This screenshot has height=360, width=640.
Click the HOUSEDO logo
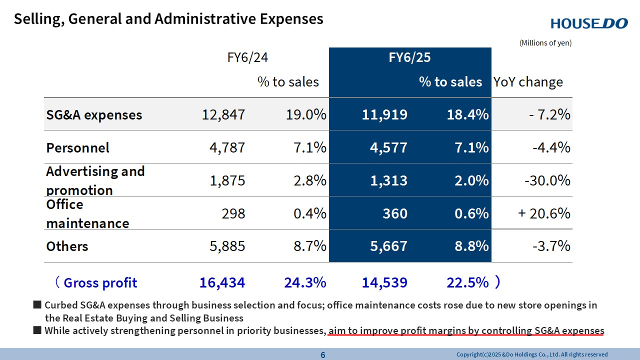coord(589,23)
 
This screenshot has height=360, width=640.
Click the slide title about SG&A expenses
coord(168,19)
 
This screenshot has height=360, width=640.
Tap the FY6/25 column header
coord(409,57)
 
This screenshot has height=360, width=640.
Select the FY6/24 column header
coord(247,57)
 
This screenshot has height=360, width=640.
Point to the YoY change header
coord(528,82)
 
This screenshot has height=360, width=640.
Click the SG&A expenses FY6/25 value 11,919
coord(384,115)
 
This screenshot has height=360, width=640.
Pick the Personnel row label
coord(77,148)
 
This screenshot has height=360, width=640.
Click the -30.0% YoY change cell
coord(547,181)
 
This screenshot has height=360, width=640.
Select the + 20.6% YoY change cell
coord(544,214)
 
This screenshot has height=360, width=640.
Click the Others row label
coord(67,246)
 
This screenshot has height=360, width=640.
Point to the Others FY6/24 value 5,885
coord(223,246)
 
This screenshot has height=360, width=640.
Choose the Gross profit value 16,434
coord(222,283)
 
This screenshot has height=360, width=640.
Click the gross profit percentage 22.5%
coord(467,283)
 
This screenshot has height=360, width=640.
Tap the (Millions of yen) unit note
coord(545,43)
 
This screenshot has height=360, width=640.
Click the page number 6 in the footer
coord(322,355)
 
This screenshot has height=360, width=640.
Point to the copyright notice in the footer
coord(532,355)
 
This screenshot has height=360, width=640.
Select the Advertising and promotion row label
coord(95,180)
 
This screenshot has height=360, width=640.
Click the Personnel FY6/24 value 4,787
coord(223,148)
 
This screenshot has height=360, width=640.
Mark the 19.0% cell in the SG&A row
coord(306,115)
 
